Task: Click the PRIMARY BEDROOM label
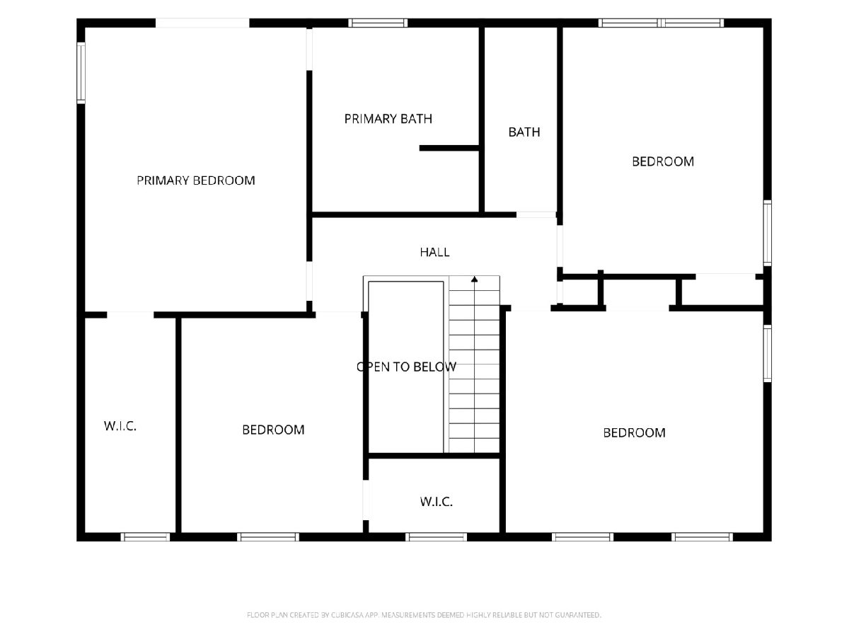click(196, 180)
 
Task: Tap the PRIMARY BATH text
click(388, 119)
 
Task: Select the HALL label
click(434, 252)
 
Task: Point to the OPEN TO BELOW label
click(406, 367)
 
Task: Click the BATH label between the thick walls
click(524, 132)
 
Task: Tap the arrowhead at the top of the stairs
click(475, 279)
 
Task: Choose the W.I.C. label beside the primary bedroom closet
click(120, 426)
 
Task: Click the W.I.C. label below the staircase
click(436, 502)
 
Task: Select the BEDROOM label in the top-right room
click(662, 161)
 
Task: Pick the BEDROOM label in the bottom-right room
click(634, 432)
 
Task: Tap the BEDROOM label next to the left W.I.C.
click(273, 430)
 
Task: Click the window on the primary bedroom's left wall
click(81, 73)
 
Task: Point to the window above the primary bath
click(378, 23)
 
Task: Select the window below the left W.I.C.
click(145, 536)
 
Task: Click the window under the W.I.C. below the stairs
click(437, 536)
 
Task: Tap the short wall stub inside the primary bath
click(449, 148)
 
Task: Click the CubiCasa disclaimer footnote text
click(424, 615)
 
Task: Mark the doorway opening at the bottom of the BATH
click(536, 214)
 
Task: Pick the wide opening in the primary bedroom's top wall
click(202, 23)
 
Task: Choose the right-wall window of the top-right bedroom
click(768, 234)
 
